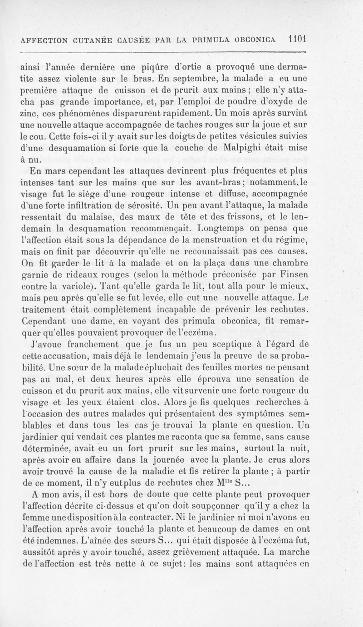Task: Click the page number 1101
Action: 295,39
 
